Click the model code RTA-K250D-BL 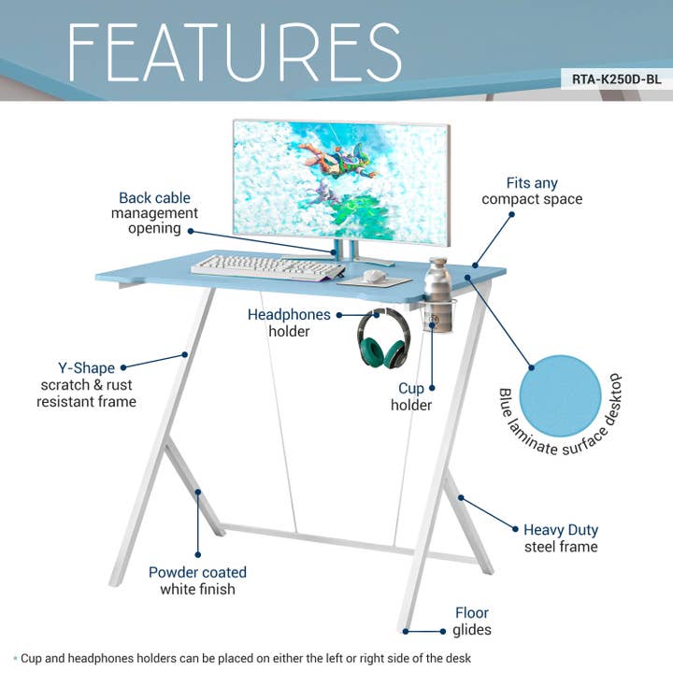[x=616, y=79]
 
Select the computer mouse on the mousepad [x=375, y=276]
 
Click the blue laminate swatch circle [x=560, y=395]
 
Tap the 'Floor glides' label [x=472, y=622]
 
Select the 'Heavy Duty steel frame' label [x=560, y=537]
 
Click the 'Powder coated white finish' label [x=197, y=580]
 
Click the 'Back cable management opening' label [x=154, y=213]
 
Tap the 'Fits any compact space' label [x=532, y=191]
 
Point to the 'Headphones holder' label [x=289, y=322]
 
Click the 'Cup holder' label [x=411, y=396]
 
